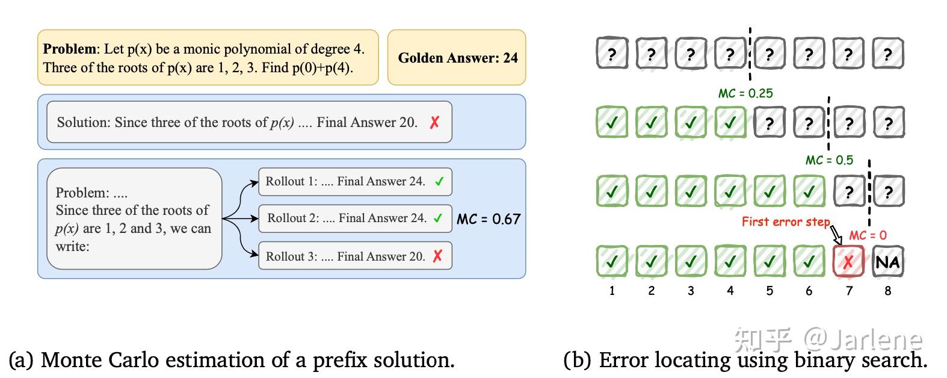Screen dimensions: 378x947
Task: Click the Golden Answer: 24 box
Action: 457,58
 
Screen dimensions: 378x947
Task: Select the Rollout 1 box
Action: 355,182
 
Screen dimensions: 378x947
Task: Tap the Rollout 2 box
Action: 355,218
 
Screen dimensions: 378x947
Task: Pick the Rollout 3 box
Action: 355,256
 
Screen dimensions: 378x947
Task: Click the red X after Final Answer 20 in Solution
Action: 434,122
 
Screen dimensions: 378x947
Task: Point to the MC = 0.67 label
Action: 489,220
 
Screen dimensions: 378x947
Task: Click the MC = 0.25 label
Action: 745,93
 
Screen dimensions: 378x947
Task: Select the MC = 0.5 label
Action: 829,161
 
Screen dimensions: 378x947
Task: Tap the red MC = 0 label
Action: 868,235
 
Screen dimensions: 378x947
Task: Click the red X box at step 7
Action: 848,262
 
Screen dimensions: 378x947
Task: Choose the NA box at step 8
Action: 887,262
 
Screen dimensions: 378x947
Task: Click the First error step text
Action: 785,222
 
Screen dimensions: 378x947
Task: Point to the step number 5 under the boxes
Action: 770,291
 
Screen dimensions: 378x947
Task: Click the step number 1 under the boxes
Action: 612,291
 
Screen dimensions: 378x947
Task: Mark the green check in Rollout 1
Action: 439,182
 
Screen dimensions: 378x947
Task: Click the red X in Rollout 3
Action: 437,256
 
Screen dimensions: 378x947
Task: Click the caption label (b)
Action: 577,360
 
